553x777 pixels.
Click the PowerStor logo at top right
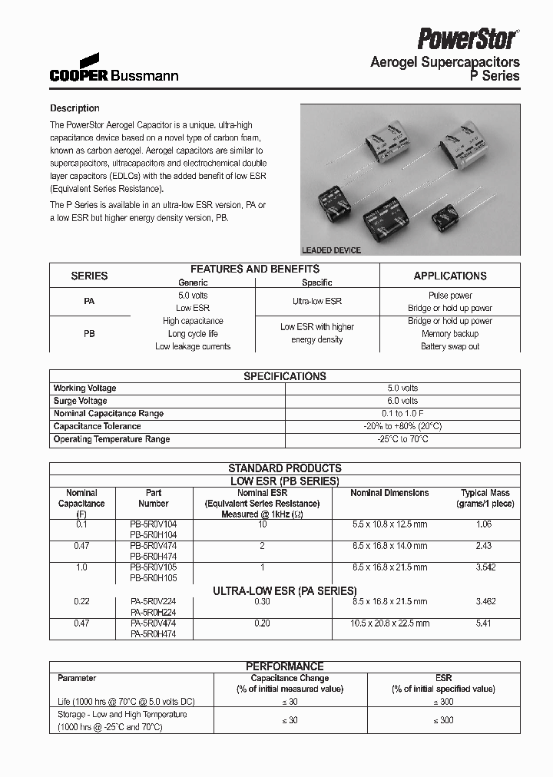[468, 37]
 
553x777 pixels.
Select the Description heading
[75, 108]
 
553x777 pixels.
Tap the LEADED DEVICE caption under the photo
[331, 250]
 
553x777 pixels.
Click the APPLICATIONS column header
[449, 276]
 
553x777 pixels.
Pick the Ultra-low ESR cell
[316, 302]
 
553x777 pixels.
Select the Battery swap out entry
[449, 346]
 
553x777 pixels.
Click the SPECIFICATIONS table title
[284, 376]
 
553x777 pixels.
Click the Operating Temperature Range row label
[111, 439]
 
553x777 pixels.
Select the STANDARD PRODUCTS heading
[284, 468]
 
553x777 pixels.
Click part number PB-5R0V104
[154, 524]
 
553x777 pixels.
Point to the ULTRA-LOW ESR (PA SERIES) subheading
[284, 591]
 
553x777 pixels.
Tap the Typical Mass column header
[485, 498]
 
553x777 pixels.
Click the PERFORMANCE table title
[284, 666]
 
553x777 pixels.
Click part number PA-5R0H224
[154, 613]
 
